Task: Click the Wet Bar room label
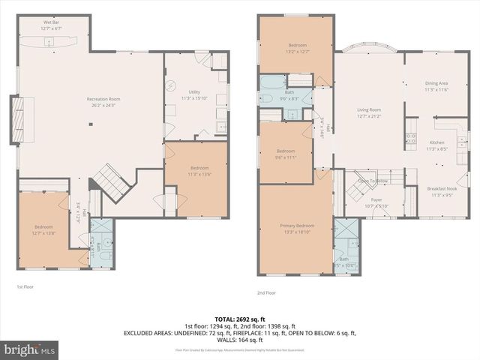(52, 25)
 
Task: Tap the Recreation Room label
(103, 102)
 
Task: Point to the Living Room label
(369, 112)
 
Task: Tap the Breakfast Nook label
(441, 192)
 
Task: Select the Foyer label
(376, 203)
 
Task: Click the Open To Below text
(373, 181)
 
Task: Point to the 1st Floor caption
(25, 286)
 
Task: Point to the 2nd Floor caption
(266, 292)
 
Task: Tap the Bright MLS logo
(30, 349)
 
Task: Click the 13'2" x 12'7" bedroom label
(295, 48)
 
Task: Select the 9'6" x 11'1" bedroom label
(286, 154)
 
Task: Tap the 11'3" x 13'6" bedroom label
(199, 170)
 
